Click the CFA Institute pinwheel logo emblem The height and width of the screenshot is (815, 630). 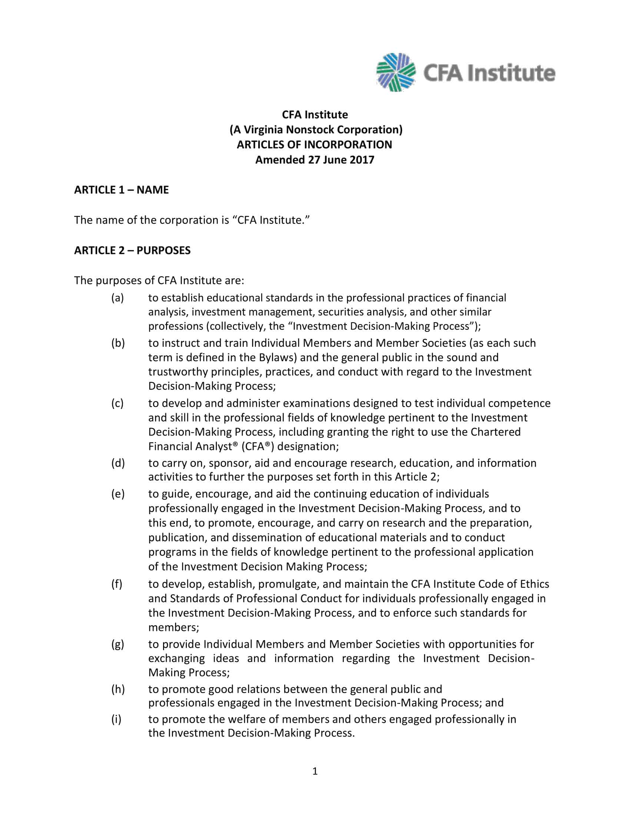click(396, 72)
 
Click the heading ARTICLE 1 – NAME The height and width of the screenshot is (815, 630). click(121, 190)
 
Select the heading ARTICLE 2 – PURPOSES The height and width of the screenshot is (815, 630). click(132, 250)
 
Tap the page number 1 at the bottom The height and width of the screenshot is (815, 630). click(315, 771)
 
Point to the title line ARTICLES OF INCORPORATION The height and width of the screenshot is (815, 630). click(314, 144)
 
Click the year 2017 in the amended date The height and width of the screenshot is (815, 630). click(362, 160)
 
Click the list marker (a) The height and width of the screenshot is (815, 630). click(117, 298)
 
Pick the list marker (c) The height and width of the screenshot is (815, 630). click(117, 403)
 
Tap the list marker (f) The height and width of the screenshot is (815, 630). click(116, 583)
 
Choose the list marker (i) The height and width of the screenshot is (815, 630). click(116, 719)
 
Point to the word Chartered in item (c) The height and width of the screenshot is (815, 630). click(495, 432)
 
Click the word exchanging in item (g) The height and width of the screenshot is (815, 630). click(176, 658)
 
